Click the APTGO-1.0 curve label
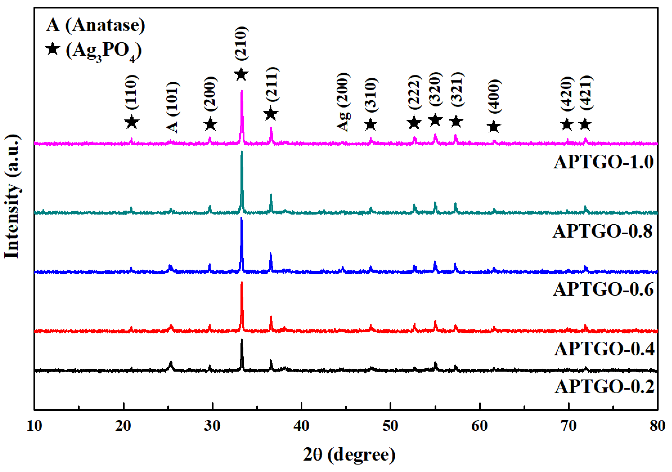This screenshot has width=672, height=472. (x=603, y=162)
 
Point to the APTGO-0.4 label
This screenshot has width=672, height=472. (x=604, y=349)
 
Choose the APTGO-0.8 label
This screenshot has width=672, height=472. (x=602, y=231)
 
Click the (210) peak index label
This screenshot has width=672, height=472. (x=242, y=43)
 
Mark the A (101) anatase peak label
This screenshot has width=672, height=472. (x=173, y=107)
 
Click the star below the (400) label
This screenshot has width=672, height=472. (x=494, y=127)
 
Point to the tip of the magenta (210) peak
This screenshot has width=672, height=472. (x=242, y=91)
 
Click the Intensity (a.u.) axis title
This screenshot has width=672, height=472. (x=12, y=196)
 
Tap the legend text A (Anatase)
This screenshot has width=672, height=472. (x=95, y=25)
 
